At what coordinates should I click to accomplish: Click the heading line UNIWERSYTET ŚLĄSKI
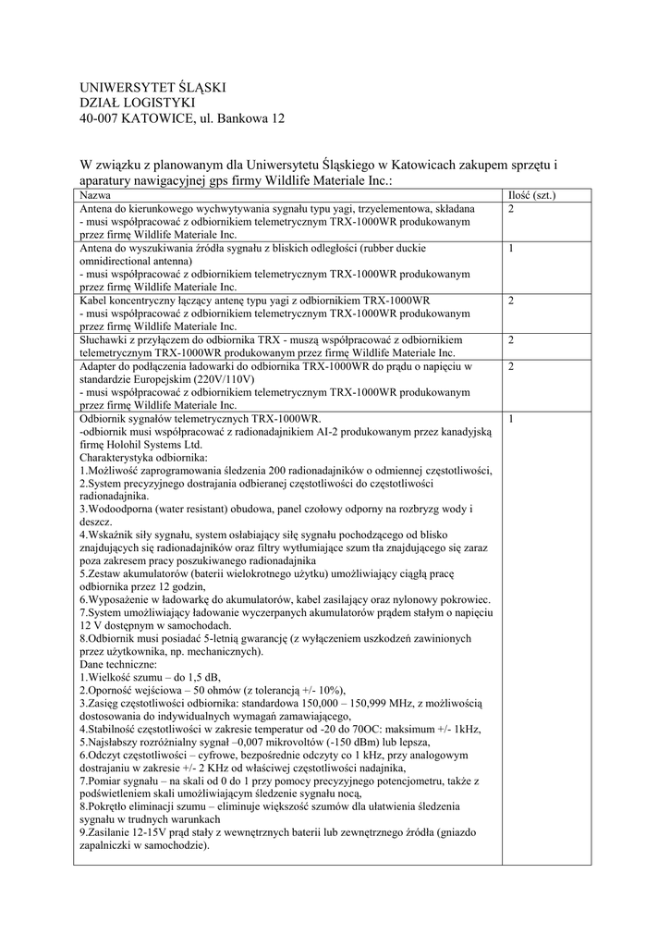(153, 87)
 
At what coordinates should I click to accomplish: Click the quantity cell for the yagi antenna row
(511, 210)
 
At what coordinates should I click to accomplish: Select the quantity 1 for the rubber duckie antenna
(511, 249)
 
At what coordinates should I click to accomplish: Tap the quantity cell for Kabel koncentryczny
(511, 301)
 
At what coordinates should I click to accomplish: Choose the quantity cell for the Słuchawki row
(511, 340)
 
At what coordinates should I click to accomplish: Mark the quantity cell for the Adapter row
(511, 366)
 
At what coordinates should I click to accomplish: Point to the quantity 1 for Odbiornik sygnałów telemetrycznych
(511, 418)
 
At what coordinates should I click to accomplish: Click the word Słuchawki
(104, 340)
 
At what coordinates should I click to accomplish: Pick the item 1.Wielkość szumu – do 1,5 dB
(150, 677)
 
